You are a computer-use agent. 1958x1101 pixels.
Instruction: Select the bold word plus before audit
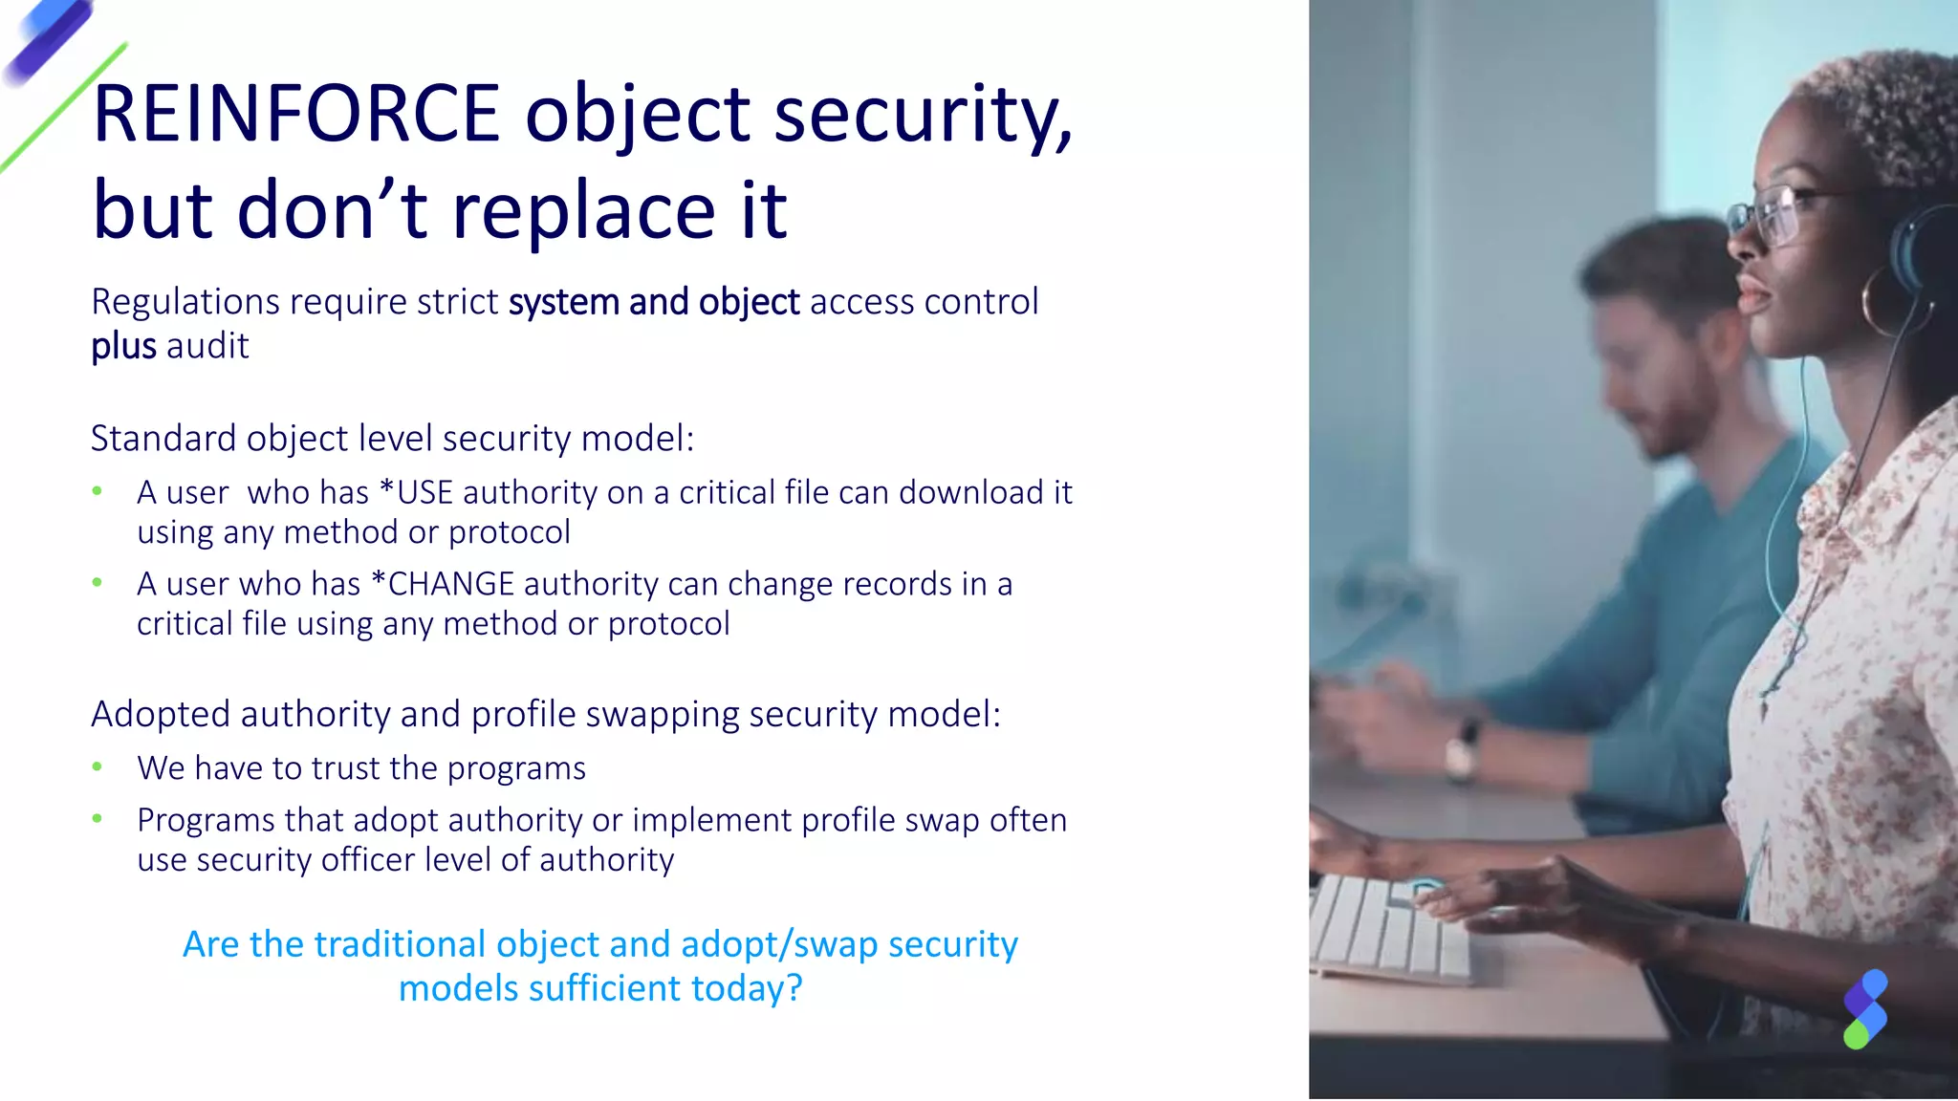(123, 346)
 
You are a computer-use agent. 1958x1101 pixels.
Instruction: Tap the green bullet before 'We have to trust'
(98, 767)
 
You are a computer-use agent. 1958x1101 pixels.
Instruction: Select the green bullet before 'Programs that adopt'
(98, 819)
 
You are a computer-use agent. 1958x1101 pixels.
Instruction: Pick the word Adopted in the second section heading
(161, 715)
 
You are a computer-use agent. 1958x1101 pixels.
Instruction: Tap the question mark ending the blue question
(794, 989)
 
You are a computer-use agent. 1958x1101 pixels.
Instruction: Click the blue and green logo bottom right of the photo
(1865, 1009)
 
